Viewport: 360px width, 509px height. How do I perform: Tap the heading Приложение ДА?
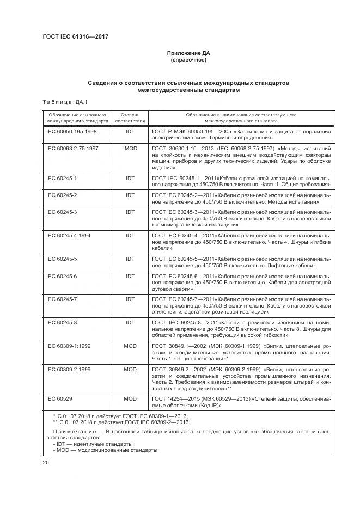(188, 53)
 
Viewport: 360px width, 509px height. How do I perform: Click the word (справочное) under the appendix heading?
(188, 60)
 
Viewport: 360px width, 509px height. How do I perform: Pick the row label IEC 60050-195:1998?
(71, 132)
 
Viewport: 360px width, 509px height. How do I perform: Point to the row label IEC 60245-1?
(62, 178)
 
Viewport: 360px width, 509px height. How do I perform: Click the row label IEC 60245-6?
(62, 277)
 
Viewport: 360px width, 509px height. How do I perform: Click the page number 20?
(45, 463)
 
